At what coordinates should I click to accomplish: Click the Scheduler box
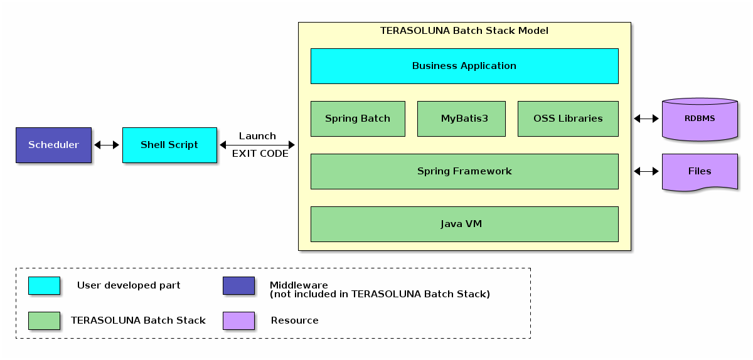(x=53, y=145)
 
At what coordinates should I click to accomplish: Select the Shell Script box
(x=169, y=145)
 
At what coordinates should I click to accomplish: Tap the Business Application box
(x=464, y=66)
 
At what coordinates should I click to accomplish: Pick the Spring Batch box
(x=358, y=119)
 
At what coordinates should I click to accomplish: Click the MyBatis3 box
(x=461, y=119)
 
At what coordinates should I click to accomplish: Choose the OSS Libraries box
(x=568, y=119)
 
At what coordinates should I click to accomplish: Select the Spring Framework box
(x=464, y=171)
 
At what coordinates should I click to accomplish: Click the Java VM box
(x=464, y=224)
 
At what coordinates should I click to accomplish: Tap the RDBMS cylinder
(x=700, y=119)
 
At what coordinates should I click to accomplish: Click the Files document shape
(x=700, y=171)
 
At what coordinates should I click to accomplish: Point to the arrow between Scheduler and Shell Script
(x=107, y=145)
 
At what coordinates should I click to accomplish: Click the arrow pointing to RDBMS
(x=646, y=119)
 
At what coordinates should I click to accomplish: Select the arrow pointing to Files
(x=646, y=171)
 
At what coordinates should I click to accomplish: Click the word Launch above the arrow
(x=257, y=136)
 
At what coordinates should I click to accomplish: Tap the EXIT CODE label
(x=260, y=154)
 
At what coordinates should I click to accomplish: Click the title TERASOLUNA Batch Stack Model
(x=464, y=31)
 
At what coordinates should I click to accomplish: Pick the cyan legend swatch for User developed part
(x=44, y=285)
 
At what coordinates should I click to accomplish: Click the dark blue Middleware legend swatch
(x=238, y=285)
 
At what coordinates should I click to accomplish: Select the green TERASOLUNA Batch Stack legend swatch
(x=44, y=320)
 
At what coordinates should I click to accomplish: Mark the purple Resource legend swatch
(x=238, y=320)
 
